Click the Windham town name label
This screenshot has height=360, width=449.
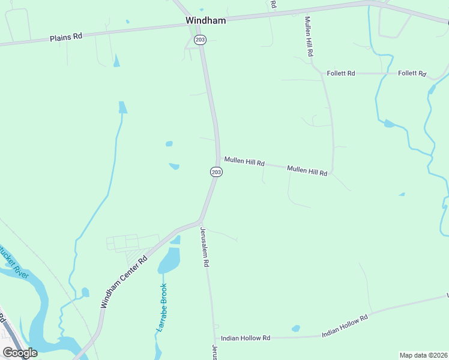point(205,20)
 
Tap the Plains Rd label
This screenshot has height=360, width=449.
point(66,37)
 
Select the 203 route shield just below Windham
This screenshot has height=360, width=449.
point(200,39)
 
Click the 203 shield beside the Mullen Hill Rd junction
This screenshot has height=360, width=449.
point(216,172)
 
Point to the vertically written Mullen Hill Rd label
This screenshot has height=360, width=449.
point(309,37)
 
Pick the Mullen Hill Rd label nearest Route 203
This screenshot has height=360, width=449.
point(244,161)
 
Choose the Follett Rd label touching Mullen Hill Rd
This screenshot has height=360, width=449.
point(341,73)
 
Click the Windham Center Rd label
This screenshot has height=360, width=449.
point(124,283)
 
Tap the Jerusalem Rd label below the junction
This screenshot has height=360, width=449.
point(205,247)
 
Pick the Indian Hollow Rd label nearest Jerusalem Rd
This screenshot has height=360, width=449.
point(246,338)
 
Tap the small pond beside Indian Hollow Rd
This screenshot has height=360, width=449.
point(295,328)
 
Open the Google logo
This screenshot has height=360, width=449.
point(20,352)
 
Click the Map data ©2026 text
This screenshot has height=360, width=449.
point(424,355)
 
